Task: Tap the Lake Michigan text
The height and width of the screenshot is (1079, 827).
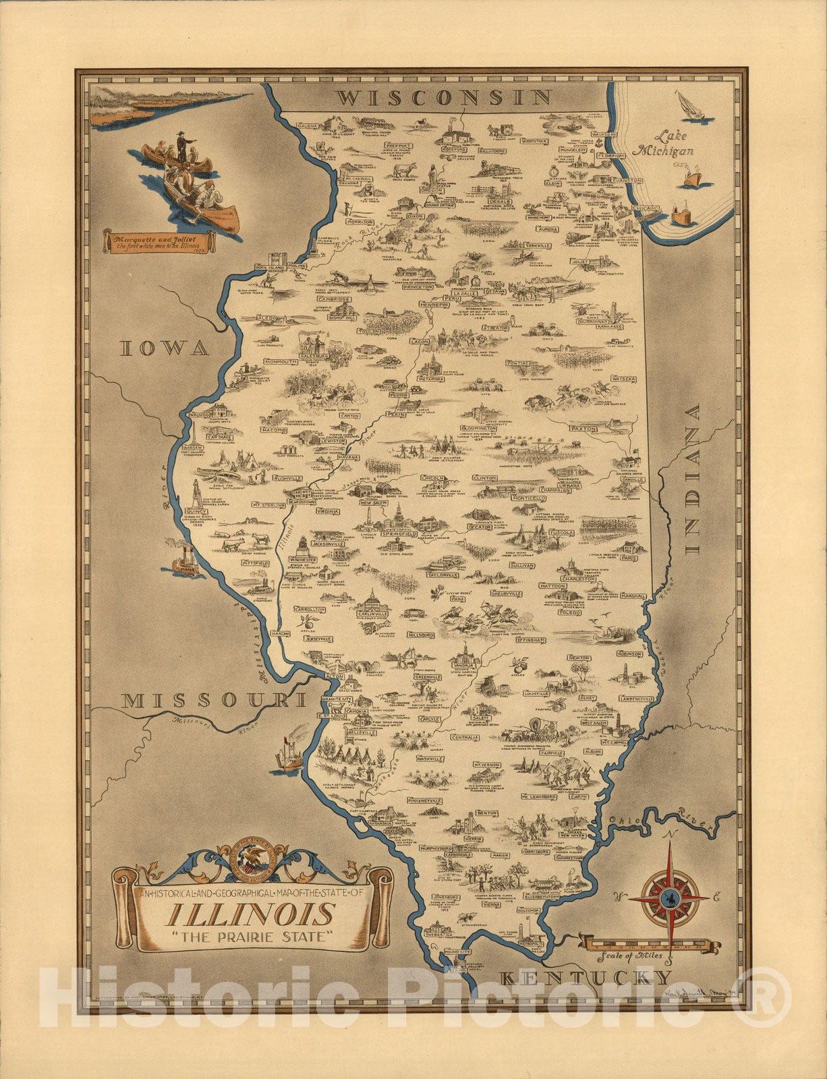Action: [667, 143]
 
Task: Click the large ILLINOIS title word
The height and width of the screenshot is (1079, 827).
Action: [250, 914]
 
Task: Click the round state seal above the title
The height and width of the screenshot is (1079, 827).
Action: [251, 861]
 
